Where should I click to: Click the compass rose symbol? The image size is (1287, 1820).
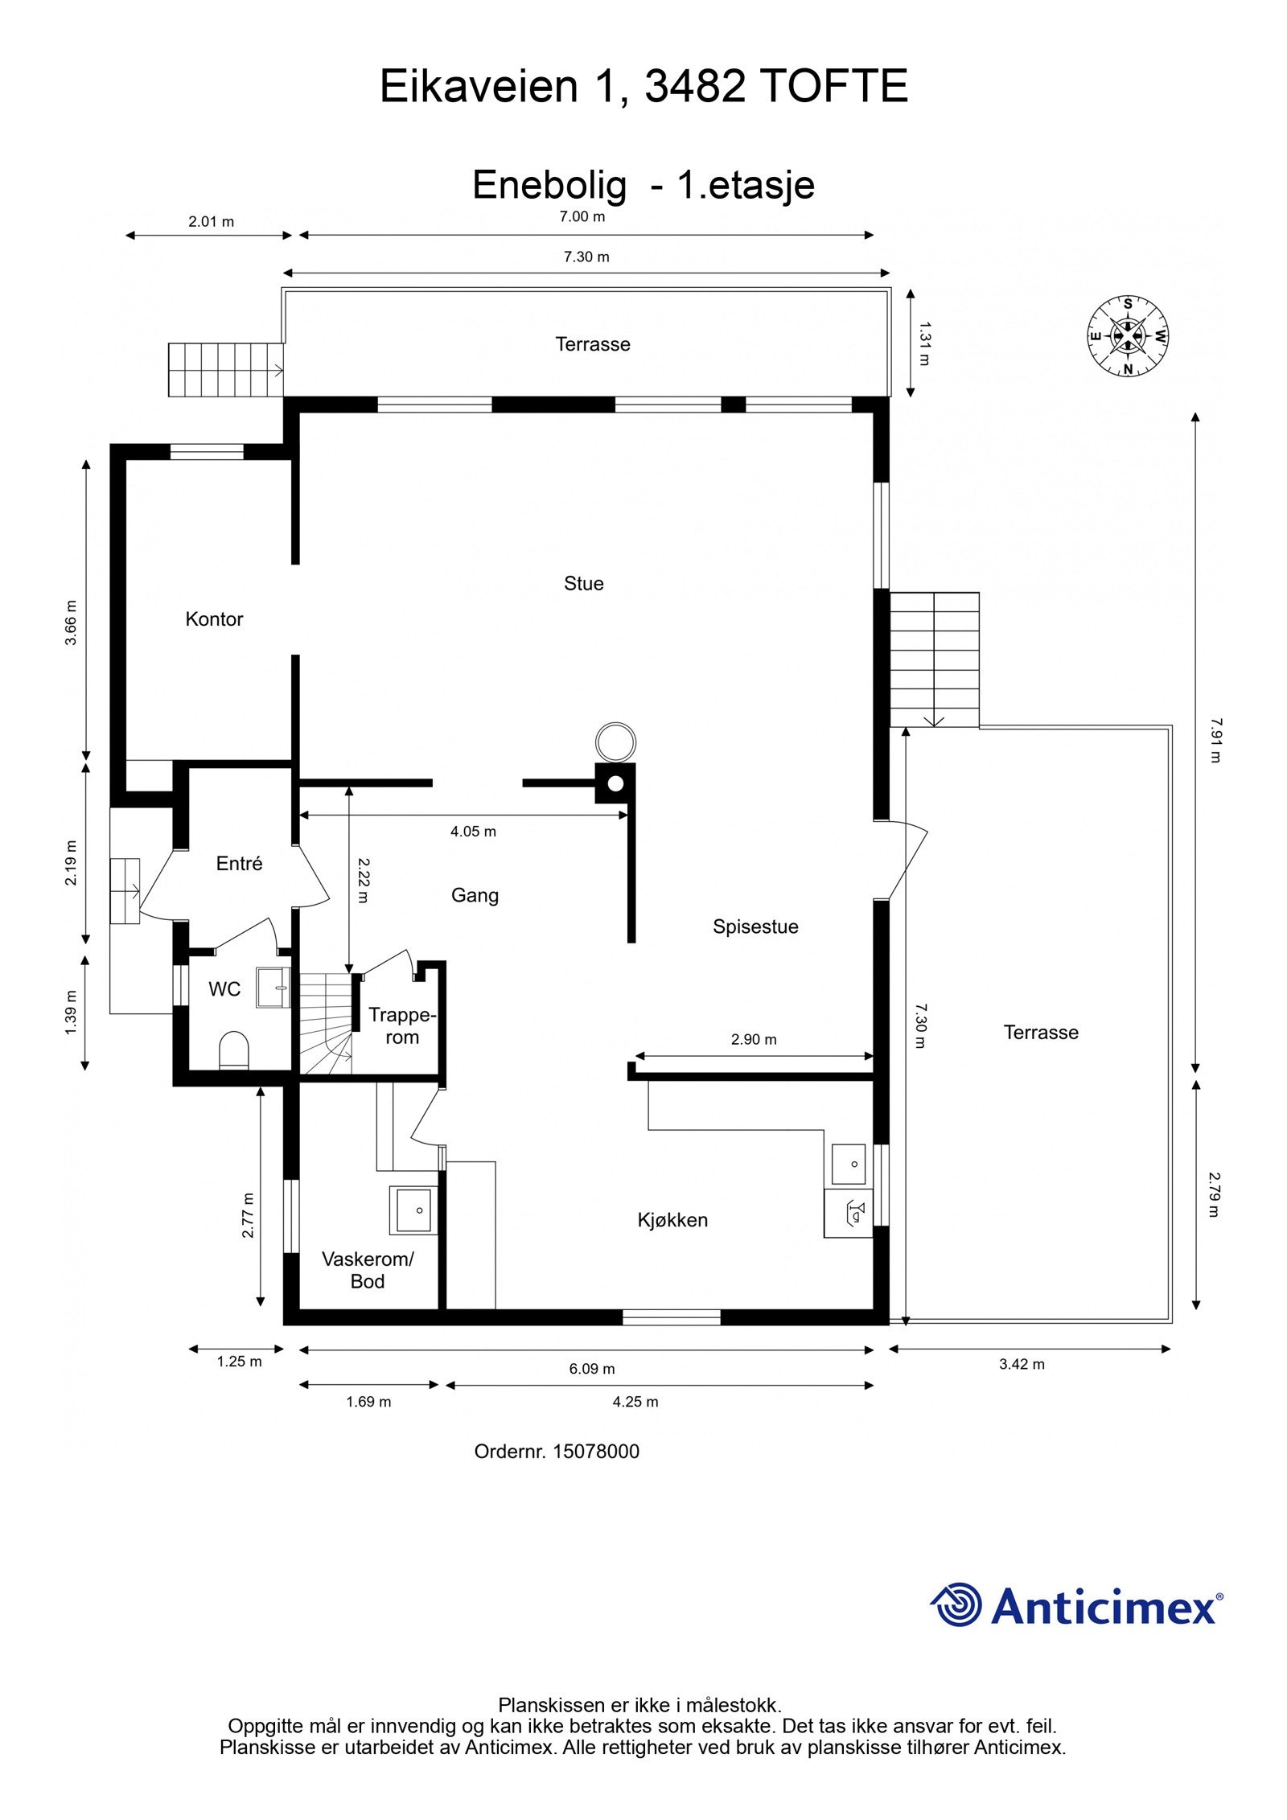(1128, 336)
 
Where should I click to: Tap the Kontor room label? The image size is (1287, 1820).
(214, 618)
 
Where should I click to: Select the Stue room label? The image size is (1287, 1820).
(583, 583)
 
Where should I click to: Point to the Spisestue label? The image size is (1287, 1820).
(755, 926)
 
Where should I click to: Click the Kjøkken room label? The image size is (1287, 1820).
(672, 1220)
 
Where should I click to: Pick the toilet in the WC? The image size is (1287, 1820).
(234, 1050)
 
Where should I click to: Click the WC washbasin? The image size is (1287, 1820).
(273, 987)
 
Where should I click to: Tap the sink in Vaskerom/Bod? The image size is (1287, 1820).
(413, 1210)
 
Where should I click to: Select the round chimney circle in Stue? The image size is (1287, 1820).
(615, 742)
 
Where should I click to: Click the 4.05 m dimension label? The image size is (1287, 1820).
(473, 832)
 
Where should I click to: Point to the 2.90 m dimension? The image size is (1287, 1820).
(754, 1039)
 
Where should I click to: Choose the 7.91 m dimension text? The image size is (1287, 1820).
(1215, 741)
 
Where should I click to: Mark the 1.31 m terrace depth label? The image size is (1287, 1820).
(924, 343)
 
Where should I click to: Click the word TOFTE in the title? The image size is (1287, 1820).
(833, 87)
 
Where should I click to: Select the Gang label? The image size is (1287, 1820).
(475, 895)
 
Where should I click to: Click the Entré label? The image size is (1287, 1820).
(239, 863)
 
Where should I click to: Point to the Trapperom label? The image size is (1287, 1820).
(402, 1026)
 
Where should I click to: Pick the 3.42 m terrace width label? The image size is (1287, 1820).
(1022, 1364)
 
